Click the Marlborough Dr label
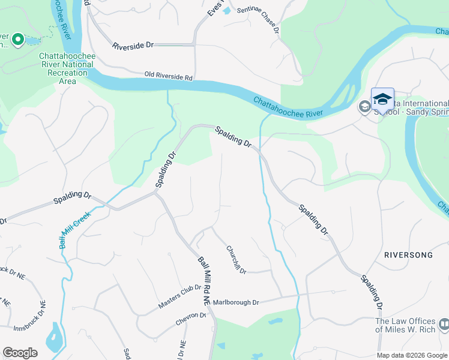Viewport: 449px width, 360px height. (x=235, y=302)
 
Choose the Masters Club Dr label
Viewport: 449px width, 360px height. (x=179, y=296)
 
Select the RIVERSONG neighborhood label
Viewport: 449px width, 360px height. (x=408, y=255)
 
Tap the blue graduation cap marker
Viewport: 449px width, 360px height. (x=382, y=98)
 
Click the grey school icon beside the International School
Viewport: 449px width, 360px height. (x=364, y=107)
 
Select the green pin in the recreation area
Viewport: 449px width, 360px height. (x=17, y=40)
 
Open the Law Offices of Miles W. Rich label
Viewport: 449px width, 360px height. (x=405, y=325)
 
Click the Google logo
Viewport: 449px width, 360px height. (x=20, y=353)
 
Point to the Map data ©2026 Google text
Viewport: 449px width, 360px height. (x=412, y=355)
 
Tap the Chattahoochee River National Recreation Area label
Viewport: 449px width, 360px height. (x=67, y=68)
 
